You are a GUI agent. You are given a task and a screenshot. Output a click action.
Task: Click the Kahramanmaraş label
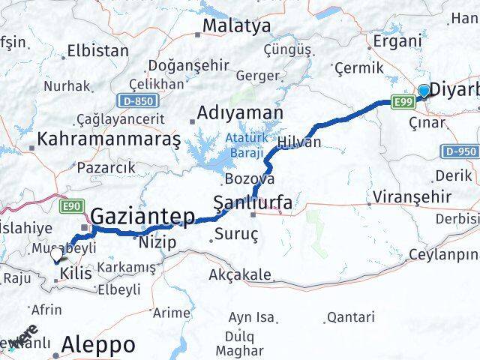[109, 139]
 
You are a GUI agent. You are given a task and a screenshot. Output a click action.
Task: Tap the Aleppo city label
[100, 344]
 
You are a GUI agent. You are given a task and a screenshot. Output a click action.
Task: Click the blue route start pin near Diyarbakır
[424, 91]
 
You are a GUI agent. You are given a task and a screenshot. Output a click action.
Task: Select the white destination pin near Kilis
[56, 255]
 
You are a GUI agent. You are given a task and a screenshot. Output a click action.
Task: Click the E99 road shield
[403, 102]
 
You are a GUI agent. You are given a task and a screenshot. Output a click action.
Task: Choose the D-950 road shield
[459, 151]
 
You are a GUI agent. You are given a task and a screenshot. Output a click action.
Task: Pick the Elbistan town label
[98, 51]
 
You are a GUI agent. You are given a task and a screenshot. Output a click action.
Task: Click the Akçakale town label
[240, 274]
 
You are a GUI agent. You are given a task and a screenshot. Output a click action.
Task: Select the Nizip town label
[157, 241]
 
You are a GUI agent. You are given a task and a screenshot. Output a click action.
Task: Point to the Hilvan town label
[298, 142]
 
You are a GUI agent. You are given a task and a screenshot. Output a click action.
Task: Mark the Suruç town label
[236, 235]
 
